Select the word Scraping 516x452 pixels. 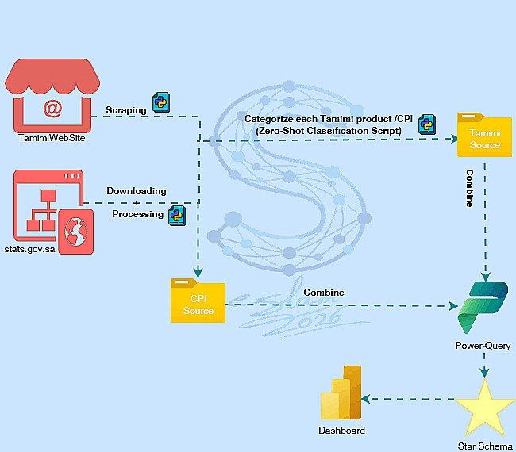(x=126, y=110)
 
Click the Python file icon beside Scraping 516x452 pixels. (x=161, y=102)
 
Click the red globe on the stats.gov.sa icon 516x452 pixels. (x=77, y=232)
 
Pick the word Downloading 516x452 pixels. (x=137, y=191)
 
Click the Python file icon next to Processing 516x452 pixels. (x=176, y=215)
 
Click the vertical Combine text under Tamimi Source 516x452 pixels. (x=469, y=188)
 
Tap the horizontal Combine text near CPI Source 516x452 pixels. (x=324, y=293)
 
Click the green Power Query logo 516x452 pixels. (x=483, y=308)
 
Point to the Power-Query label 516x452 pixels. (x=483, y=346)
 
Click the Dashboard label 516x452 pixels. (x=342, y=430)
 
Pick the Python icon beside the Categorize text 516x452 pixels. (x=426, y=123)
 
